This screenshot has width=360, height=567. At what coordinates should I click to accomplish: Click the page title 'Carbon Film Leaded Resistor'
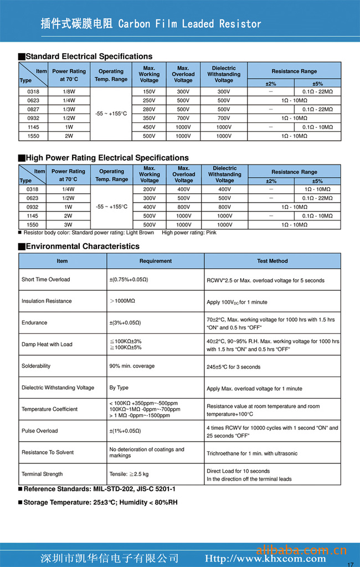[189, 24]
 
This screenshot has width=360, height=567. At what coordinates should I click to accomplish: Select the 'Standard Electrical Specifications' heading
[89, 56]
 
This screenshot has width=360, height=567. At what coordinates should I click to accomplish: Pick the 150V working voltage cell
[149, 91]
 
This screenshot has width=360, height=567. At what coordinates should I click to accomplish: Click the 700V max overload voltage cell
[183, 118]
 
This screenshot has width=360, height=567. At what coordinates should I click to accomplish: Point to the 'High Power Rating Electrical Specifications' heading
[107, 158]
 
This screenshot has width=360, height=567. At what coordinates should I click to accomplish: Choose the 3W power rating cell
[69, 225]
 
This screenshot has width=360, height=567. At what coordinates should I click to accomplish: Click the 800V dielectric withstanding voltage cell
[224, 207]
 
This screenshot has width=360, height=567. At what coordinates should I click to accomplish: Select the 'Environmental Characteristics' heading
[83, 246]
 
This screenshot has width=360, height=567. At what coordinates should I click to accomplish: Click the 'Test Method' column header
[272, 261]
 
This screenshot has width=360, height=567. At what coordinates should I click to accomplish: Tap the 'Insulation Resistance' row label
[47, 301]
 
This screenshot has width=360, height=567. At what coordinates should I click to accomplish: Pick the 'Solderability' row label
[36, 366]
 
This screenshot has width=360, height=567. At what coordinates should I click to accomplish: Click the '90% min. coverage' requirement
[132, 366]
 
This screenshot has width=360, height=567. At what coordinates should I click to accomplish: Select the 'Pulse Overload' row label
[39, 431]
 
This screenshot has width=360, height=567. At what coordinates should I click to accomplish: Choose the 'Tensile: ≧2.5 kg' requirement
[129, 474]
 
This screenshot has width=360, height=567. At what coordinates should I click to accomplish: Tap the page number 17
[349, 564]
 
